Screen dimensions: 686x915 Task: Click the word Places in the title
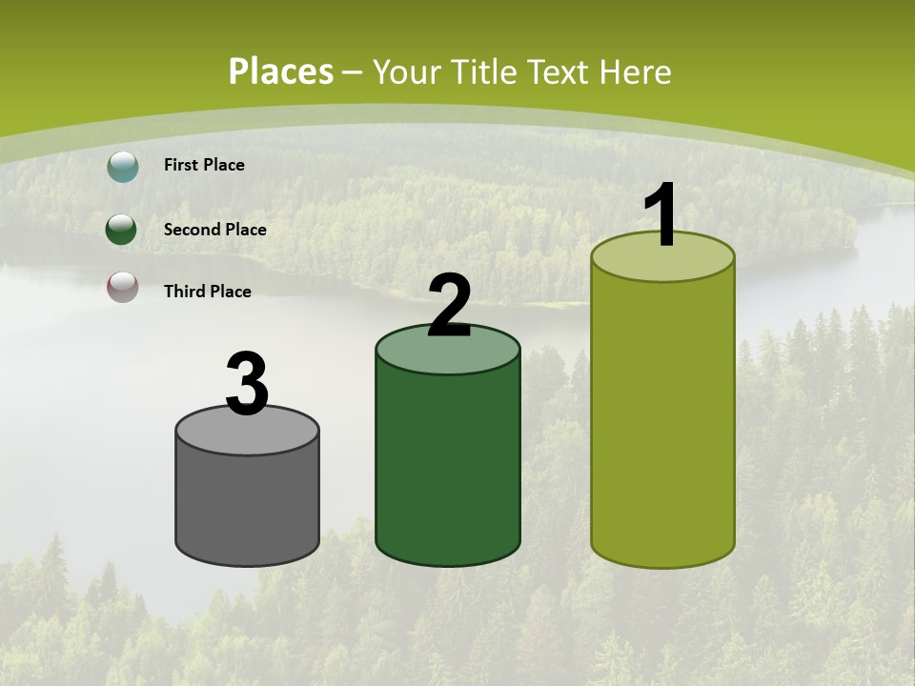[281, 71]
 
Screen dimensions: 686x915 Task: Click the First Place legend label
[204, 165]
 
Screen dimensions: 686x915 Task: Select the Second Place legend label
[214, 230]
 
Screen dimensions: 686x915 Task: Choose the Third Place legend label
[207, 292]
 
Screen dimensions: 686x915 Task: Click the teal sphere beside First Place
[122, 167]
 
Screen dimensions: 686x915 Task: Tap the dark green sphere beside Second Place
[122, 230]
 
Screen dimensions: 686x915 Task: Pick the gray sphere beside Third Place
[122, 287]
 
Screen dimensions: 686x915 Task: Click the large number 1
[661, 216]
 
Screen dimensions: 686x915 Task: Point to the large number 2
[450, 307]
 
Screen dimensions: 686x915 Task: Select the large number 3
[247, 384]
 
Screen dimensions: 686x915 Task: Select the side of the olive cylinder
[662, 419]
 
